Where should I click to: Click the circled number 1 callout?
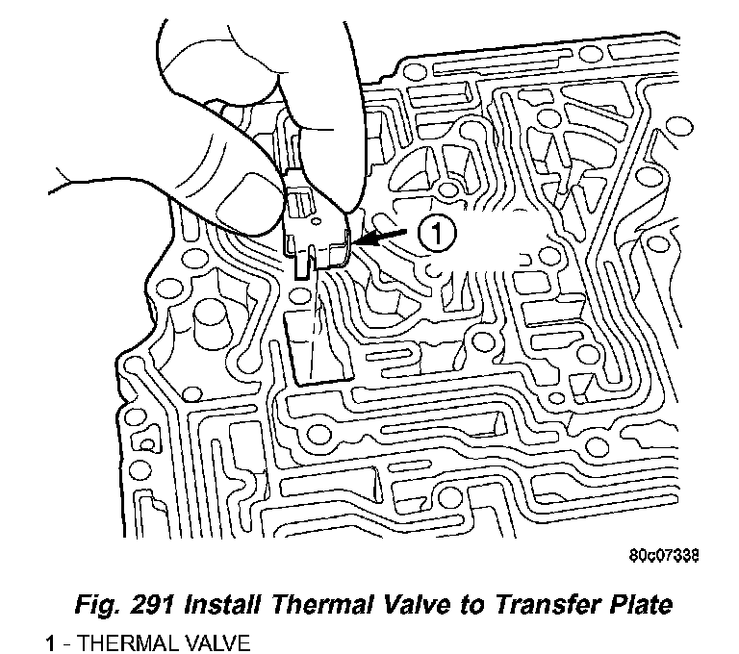point(435,234)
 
